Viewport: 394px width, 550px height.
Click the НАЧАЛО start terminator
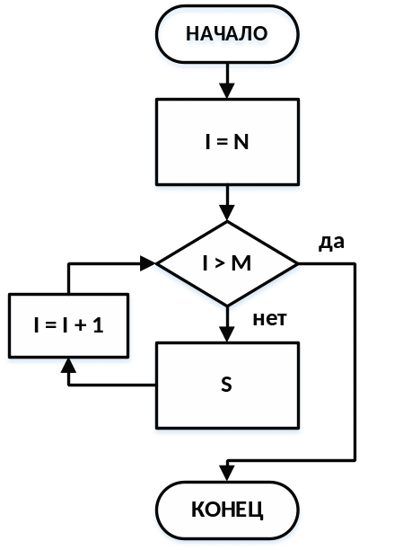point(227,34)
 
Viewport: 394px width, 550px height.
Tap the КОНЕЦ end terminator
point(227,510)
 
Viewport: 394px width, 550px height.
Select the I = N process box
point(227,142)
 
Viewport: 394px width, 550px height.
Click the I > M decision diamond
point(227,263)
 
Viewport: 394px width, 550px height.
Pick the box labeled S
point(227,386)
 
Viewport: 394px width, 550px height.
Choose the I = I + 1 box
point(68,325)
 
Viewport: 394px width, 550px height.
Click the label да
point(331,243)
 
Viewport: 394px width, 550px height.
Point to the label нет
point(269,319)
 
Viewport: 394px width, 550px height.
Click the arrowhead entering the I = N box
point(227,91)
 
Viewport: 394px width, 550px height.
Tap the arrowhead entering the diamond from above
point(227,213)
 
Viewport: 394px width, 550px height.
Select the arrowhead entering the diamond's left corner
point(148,263)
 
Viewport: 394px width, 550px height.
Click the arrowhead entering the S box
point(227,334)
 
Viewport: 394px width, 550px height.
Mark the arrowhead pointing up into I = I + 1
point(68,366)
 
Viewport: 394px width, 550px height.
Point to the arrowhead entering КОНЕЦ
point(227,474)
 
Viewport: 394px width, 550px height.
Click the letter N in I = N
point(241,142)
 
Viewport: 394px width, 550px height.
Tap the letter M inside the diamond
point(241,264)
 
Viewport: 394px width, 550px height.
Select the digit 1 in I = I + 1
point(99,325)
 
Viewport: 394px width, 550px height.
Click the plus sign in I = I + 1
point(81,326)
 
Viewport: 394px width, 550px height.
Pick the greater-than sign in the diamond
point(219,264)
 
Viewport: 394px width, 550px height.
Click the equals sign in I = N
point(222,143)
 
